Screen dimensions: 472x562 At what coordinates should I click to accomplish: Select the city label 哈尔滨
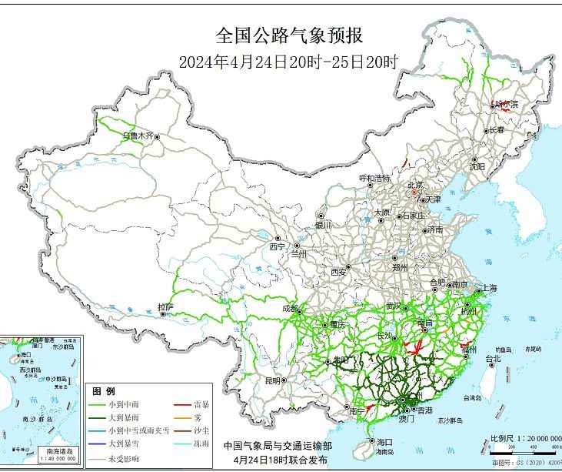point(507,104)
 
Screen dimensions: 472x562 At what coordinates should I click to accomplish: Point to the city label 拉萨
point(165,307)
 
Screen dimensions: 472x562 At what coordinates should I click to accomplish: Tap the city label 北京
point(414,185)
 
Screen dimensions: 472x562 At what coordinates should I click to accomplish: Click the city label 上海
point(489,288)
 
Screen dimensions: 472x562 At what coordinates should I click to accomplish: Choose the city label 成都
point(291,308)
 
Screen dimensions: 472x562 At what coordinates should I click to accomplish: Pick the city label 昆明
point(272,380)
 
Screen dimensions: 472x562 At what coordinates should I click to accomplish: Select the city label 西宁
point(277,247)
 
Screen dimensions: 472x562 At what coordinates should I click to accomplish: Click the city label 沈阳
point(477,166)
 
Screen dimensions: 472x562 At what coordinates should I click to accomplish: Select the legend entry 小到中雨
point(125,404)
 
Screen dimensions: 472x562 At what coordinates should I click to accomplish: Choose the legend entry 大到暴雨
point(125,417)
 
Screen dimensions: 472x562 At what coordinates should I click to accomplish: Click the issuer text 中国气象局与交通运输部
point(278,446)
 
